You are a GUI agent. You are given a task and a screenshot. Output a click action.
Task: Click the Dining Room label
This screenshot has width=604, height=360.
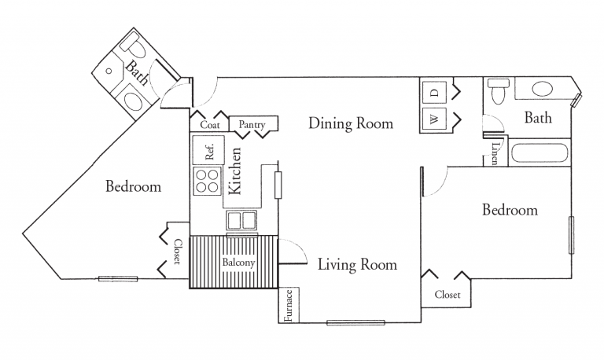coord(350,123)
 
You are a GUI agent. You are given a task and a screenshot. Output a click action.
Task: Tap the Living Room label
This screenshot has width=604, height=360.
coord(357,264)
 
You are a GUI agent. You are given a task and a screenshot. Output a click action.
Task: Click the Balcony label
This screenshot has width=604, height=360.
coord(238,263)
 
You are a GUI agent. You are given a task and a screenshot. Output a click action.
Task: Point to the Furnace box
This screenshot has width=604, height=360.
coord(289,306)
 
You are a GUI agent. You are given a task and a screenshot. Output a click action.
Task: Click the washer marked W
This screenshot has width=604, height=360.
coord(433,119)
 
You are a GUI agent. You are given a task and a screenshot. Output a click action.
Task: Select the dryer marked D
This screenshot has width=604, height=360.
coord(433,93)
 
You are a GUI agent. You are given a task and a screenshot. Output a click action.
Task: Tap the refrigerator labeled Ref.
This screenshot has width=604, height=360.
coord(210,150)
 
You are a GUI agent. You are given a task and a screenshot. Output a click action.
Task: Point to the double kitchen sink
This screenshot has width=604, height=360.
coord(242,219)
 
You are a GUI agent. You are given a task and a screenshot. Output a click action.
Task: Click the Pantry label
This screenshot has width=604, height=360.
coord(253,124)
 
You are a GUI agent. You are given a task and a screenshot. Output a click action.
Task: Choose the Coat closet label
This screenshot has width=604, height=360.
coord(208,124)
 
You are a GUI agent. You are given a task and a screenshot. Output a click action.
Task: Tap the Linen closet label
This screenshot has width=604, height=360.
coord(494,152)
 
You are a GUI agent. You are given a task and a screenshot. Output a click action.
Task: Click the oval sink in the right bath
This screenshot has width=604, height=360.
coord(543,89)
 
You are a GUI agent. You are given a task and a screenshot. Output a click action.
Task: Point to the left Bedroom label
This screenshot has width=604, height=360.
coord(134,187)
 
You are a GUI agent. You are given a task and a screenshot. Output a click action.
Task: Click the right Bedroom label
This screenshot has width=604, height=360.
coord(510,210)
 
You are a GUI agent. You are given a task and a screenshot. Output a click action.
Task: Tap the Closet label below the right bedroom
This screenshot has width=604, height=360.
coord(447,296)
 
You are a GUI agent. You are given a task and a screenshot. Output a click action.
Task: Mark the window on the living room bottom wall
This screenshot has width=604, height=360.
coord(355,321)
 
